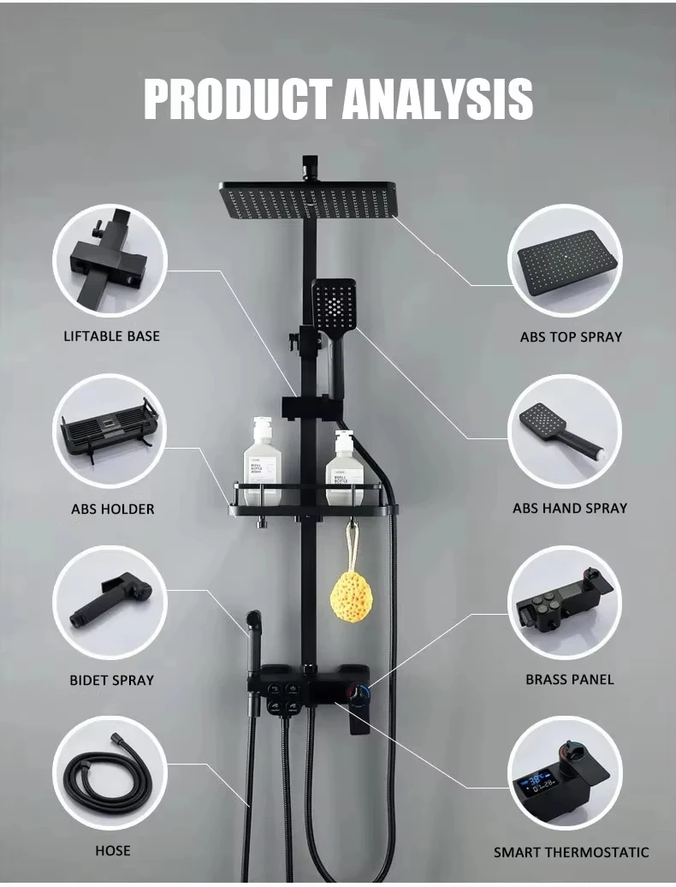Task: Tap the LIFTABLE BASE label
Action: (x=111, y=336)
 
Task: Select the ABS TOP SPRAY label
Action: (x=571, y=336)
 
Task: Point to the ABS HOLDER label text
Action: (x=112, y=509)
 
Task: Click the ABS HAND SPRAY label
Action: (x=570, y=508)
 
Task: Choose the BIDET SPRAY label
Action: (x=112, y=680)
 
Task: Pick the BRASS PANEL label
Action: (x=570, y=679)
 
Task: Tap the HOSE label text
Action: (x=112, y=850)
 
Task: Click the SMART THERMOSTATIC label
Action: (x=571, y=852)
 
